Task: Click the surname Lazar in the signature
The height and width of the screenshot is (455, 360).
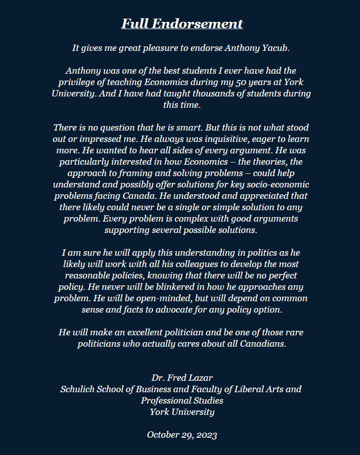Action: [x=200, y=378]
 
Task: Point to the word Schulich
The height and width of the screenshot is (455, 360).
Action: [x=77, y=389]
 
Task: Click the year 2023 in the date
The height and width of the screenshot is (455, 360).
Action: [x=207, y=435]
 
